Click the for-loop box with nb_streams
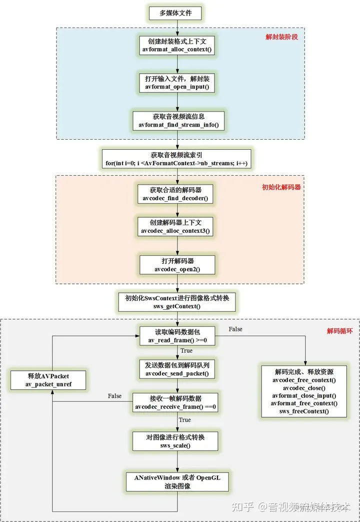tap(176, 159)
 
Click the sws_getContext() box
tap(176, 302)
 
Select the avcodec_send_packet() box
tap(176, 369)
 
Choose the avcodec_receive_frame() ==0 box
tap(175, 402)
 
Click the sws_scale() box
tap(175, 441)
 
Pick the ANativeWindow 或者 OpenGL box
tap(176, 481)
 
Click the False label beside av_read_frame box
tap(236, 329)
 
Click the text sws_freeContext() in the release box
tap(304, 411)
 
